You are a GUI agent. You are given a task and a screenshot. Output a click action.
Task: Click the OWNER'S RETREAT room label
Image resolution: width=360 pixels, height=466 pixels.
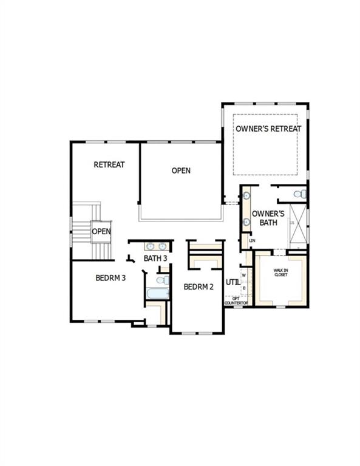pyautogui.click(x=268, y=129)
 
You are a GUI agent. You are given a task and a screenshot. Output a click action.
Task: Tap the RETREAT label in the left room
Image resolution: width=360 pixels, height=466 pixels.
pyautogui.click(x=109, y=164)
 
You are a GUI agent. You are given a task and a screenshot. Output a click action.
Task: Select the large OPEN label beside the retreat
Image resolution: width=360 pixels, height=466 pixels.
pyautogui.click(x=181, y=171)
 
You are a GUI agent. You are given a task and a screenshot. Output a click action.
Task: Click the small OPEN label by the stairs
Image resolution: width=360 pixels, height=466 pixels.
pyautogui.click(x=101, y=231)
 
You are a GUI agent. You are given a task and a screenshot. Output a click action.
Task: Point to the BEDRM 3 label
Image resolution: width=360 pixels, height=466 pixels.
pyautogui.click(x=110, y=279)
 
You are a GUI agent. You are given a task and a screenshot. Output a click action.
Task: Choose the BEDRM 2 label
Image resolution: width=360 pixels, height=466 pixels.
pyautogui.click(x=199, y=287)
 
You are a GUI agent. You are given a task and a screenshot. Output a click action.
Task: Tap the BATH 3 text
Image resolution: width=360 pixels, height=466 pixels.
pyautogui.click(x=155, y=258)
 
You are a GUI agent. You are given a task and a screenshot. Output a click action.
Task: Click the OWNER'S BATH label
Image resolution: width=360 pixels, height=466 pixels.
pyautogui.click(x=268, y=218)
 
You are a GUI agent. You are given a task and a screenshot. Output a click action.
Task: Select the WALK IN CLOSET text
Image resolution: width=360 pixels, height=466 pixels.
pyautogui.click(x=280, y=272)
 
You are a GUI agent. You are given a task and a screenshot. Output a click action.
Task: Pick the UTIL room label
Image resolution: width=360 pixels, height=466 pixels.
pyautogui.click(x=233, y=282)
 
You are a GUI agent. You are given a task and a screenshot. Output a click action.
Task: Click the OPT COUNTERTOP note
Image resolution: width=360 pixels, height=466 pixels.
pyautogui.click(x=236, y=300)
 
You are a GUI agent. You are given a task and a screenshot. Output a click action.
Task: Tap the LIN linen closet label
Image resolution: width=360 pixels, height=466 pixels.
pyautogui.click(x=252, y=241)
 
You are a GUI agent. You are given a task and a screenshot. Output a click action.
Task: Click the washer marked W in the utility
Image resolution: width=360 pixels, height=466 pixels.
pyautogui.click(x=243, y=275)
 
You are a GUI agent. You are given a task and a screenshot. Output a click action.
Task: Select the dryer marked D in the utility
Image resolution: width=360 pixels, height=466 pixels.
pyautogui.click(x=243, y=288)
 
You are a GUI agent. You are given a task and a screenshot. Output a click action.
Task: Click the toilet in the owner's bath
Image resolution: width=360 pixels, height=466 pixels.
pyautogui.click(x=299, y=194)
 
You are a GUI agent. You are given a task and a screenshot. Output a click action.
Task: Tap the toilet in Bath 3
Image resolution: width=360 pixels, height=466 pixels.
pyautogui.click(x=161, y=280)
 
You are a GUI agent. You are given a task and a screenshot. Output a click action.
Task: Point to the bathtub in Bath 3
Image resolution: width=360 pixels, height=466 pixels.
pyautogui.click(x=157, y=294)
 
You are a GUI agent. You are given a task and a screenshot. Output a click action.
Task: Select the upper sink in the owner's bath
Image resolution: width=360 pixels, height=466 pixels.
pyautogui.click(x=248, y=196)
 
